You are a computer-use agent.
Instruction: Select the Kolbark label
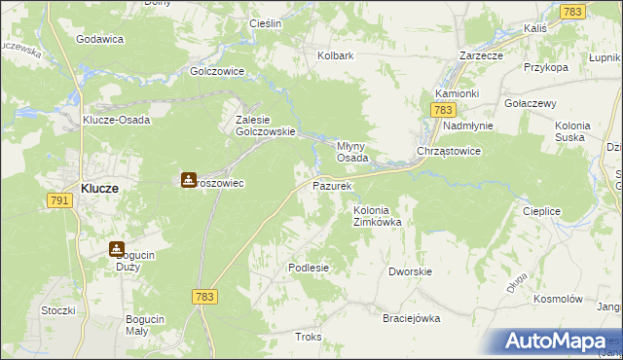[x=335, y=55]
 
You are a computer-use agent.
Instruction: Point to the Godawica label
[x=99, y=39]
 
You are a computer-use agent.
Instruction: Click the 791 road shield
[x=60, y=199]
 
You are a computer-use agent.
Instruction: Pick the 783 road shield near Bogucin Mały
[x=203, y=296]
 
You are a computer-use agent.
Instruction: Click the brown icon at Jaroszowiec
[x=189, y=180]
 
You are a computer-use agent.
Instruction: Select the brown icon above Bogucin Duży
[x=117, y=249]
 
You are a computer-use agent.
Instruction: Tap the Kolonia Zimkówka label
[x=377, y=216]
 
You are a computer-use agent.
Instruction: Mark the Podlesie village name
[x=309, y=268]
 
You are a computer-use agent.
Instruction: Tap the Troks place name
[x=308, y=337]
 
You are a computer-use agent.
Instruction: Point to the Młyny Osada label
[x=352, y=151]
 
